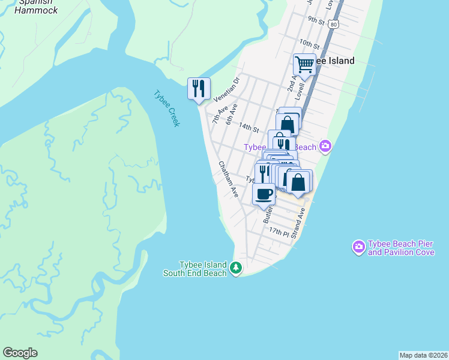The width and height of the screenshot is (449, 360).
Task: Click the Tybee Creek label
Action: point(166,108)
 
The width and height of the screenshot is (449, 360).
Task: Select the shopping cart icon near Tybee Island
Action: point(304,64)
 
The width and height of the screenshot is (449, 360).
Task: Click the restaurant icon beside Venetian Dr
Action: point(198,88)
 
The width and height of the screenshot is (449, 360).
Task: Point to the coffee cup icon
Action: point(264,193)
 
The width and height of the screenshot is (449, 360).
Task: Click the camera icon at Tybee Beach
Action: point(325,146)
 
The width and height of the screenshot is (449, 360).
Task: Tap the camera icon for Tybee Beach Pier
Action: point(358,247)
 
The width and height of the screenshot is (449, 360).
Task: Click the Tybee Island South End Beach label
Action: point(195,269)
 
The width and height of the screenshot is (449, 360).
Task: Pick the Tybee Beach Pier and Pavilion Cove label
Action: point(401,248)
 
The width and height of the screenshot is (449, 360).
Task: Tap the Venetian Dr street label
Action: point(226,89)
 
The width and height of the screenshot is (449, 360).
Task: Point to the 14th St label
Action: point(248,127)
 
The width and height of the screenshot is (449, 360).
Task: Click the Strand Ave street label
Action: point(299,224)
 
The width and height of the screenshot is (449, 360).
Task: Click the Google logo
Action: point(20,353)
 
